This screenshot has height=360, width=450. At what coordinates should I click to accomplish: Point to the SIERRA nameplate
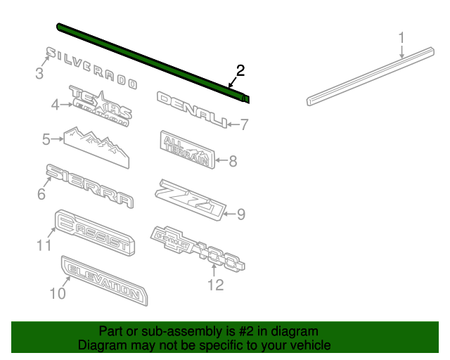pos(89,186)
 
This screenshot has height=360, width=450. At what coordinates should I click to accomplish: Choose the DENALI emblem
pos(191,110)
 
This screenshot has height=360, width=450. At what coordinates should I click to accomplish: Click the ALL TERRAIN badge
pos(186,150)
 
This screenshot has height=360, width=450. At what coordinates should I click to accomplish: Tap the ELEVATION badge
pos(104,281)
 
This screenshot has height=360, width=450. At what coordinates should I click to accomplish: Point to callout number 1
pos(401,37)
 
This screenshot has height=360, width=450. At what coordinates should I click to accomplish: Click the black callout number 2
pos(240,70)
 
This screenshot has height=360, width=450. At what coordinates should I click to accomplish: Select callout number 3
pos(39,73)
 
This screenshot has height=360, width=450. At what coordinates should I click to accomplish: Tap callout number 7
pos(244,125)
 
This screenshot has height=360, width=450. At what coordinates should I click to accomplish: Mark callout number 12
pos(214,285)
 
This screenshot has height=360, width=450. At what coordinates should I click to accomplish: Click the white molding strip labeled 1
pos(368,75)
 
